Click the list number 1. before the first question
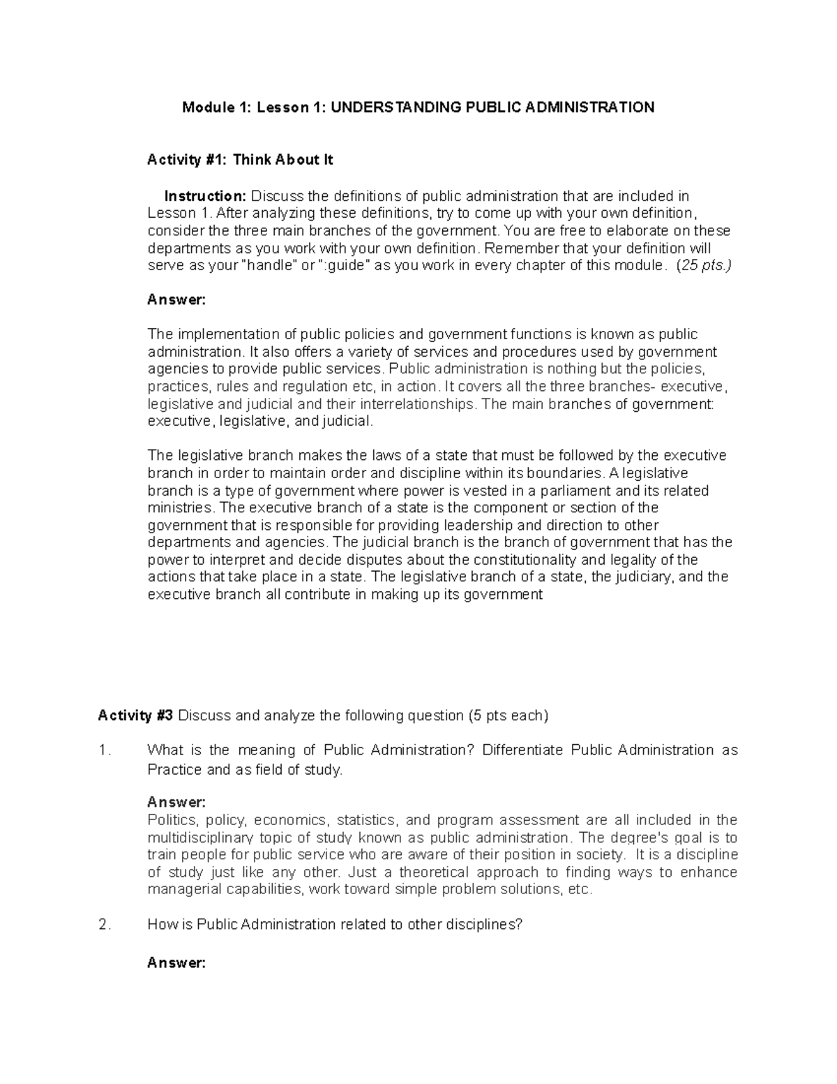click(105, 750)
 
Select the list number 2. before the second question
click(105, 925)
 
